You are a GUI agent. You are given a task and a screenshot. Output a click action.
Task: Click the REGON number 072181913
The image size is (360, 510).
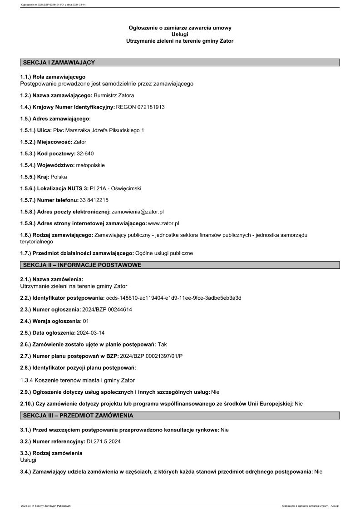(x=151, y=107)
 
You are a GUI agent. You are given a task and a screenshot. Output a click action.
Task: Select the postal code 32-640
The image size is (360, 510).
(x=85, y=153)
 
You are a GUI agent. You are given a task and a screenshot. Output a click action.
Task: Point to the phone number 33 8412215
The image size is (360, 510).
(x=94, y=200)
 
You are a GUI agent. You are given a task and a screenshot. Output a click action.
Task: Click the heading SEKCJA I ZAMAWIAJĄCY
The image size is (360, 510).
(x=59, y=63)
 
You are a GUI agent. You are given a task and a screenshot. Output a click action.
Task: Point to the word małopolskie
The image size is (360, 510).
(x=90, y=165)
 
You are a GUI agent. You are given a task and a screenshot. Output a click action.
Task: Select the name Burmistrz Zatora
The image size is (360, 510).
(x=114, y=95)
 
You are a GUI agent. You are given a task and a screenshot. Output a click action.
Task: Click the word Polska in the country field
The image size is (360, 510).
(x=59, y=177)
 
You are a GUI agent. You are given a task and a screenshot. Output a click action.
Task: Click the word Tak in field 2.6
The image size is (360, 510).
(x=163, y=345)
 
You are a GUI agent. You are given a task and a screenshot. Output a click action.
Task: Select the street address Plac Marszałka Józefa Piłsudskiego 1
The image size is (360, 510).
(x=99, y=130)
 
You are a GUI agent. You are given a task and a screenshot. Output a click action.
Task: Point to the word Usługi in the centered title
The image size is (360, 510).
(x=180, y=34)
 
